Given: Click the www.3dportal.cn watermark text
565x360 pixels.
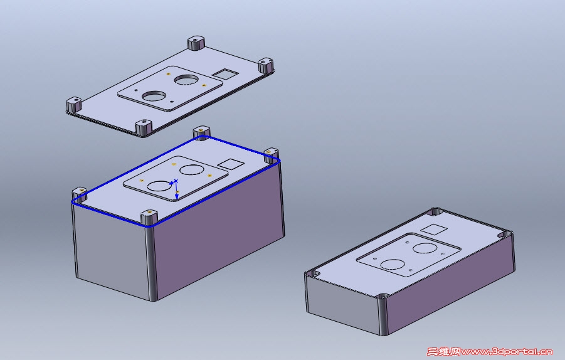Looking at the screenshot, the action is click(x=507, y=352).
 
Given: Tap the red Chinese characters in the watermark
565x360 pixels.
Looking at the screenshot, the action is click(x=443, y=351).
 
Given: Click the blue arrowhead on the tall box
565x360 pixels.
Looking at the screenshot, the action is click(x=177, y=196).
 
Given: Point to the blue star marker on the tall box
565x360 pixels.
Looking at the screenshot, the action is click(x=176, y=180).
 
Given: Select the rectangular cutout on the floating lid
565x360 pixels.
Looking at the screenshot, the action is click(x=225, y=74).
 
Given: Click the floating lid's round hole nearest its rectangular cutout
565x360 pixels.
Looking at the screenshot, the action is click(x=186, y=80).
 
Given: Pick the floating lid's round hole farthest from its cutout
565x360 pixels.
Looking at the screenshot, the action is click(x=154, y=96).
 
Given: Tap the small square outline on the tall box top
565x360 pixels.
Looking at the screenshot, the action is click(x=231, y=164).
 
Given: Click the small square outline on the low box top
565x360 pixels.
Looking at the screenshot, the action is click(x=435, y=230).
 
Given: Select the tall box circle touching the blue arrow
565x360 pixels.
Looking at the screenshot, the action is click(x=160, y=186).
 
